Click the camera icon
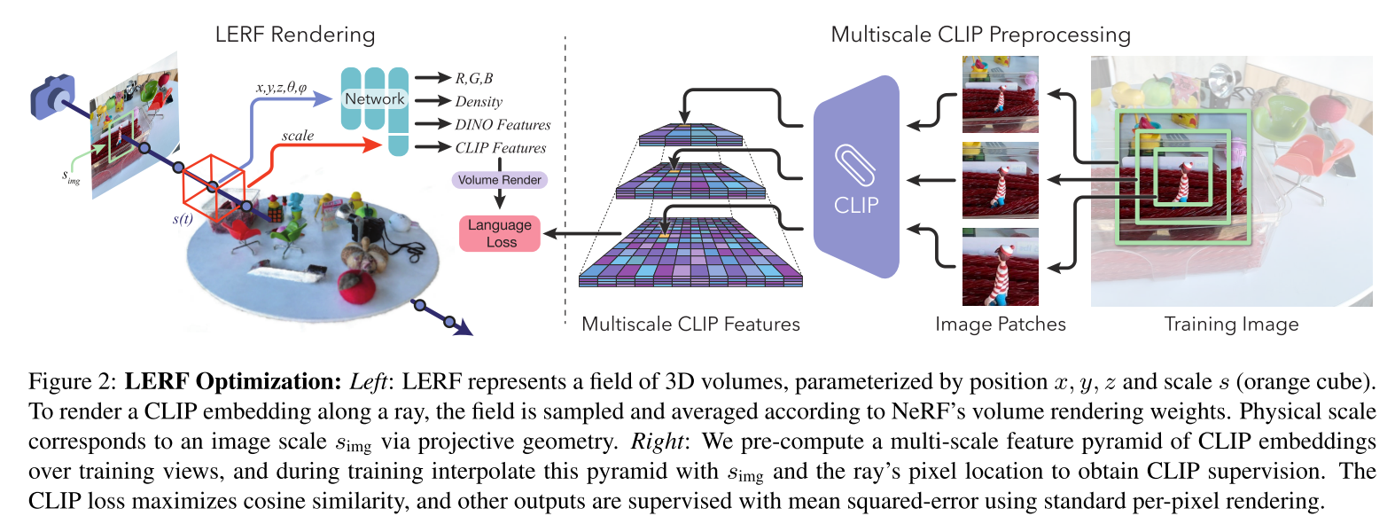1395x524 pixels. (52, 96)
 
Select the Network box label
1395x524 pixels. (374, 99)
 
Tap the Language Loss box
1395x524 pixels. (500, 233)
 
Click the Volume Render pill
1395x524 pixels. (500, 180)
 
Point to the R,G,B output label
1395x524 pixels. (474, 79)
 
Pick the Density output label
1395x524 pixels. (479, 102)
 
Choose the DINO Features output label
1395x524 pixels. (503, 125)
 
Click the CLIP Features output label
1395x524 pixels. (501, 148)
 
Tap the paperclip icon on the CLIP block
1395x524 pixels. (855, 164)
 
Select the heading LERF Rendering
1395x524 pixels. (295, 35)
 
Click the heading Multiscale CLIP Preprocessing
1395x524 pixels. (980, 35)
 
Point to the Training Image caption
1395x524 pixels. (1231, 325)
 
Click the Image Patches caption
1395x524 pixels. (1000, 325)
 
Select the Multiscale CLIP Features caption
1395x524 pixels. (690, 325)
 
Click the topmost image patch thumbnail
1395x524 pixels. (1000, 94)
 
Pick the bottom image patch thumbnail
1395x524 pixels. (1000, 267)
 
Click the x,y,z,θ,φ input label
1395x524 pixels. (281, 88)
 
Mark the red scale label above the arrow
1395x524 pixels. (298, 136)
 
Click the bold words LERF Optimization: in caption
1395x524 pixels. (232, 382)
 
